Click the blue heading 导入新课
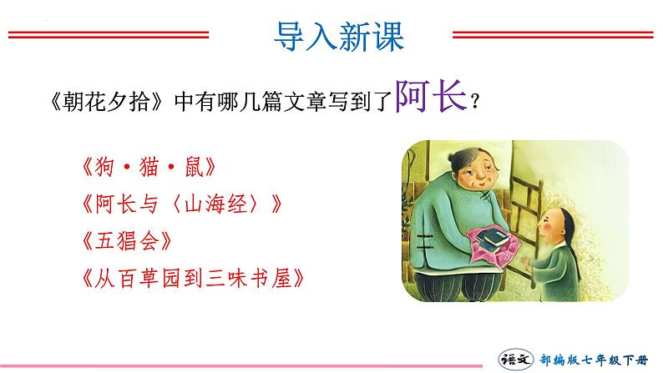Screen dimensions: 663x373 339,37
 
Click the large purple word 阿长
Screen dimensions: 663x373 430,96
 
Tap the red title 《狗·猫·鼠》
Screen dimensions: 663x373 149,167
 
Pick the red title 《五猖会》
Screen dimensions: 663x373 127,241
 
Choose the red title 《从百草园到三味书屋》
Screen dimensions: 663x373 193,279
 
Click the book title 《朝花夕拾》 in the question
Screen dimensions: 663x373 106,102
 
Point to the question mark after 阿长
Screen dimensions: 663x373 475,102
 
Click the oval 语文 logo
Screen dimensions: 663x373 515,359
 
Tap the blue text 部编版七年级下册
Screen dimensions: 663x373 594,360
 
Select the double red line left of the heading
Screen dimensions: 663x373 109,35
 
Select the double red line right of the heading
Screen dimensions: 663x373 553,35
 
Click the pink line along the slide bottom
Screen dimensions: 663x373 241,366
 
